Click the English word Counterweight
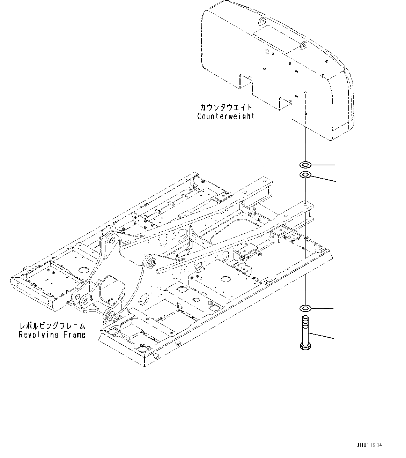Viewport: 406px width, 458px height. click(x=226, y=117)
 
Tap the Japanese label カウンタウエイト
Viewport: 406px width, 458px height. click(x=226, y=107)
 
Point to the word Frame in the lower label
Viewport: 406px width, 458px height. click(x=74, y=335)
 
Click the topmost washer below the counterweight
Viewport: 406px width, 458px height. click(x=305, y=164)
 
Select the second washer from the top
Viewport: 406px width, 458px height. click(x=305, y=174)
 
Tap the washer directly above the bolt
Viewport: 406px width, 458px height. click(x=305, y=308)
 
